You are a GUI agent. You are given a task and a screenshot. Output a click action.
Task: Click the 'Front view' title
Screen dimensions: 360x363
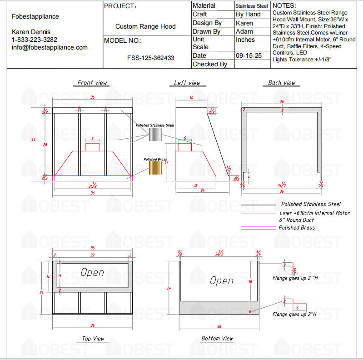pos(92,83)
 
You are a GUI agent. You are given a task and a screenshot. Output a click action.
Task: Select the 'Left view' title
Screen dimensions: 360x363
pos(187,83)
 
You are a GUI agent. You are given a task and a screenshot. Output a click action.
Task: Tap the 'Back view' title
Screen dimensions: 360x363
pos(282,83)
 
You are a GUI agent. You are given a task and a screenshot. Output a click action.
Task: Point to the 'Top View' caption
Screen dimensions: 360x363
pos(93,339)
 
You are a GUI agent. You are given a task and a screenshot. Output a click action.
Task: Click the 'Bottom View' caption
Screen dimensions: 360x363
pos(217,339)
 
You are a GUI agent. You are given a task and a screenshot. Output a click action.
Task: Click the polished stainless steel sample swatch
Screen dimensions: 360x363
pos(155,135)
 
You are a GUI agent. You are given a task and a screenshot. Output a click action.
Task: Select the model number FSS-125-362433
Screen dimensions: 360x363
pos(150,58)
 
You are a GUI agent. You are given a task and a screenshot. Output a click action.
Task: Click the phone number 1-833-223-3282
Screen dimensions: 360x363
pos(35,40)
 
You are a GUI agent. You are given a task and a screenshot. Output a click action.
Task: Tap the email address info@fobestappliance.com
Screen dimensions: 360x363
pos(50,47)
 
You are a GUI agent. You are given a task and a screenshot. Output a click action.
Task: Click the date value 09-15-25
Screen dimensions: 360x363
pos(248,55)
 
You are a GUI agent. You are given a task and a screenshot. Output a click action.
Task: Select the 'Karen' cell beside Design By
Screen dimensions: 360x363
pos(245,23)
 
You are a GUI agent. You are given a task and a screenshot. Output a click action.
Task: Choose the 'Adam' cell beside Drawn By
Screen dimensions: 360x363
pos(244,31)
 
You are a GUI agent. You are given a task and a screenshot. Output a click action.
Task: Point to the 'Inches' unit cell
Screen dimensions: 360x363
pos(245,40)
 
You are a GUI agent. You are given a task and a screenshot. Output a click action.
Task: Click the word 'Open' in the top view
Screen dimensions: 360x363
pos(92,273)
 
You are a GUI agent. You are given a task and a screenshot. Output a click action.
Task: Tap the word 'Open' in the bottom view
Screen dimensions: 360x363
pos(222,281)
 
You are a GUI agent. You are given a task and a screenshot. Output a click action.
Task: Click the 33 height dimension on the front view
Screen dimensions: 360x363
pos(33,140)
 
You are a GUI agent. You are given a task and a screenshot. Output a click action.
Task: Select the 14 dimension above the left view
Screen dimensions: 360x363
pos(191,98)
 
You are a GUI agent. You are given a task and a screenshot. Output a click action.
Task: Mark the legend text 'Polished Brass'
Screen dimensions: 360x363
pos(297,228)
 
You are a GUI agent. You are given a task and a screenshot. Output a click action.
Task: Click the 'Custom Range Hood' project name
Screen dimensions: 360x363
pos(145,27)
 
